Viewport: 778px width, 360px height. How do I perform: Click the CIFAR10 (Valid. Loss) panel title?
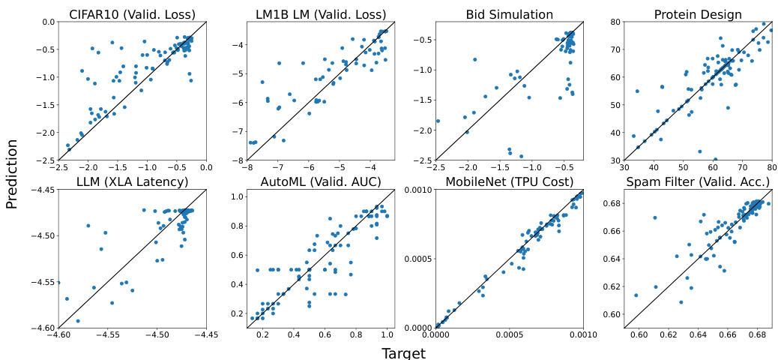click(133, 14)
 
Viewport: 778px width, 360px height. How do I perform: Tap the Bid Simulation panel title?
click(509, 14)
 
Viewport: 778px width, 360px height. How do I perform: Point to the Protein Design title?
click(698, 14)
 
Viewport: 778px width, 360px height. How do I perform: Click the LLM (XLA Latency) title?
click(133, 182)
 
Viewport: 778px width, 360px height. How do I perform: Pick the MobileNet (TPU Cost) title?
click(509, 182)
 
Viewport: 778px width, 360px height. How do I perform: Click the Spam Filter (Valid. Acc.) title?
click(698, 182)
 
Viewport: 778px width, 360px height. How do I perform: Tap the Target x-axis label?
click(403, 352)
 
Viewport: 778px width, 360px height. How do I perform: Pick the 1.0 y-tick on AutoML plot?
click(236, 196)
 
